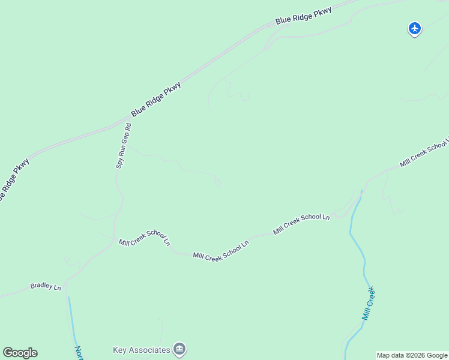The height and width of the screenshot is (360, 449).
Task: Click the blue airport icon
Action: pos(414,28)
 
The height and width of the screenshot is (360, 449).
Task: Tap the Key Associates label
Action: pos(142,350)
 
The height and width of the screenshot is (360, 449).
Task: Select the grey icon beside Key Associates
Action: pos(179,349)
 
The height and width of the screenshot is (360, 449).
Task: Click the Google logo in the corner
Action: pos(20,353)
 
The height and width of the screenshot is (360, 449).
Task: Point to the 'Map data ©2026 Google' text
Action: pos(412,355)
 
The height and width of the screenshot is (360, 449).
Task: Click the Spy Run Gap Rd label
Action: pos(123,146)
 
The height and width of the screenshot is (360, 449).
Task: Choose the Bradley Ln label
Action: pos(46,287)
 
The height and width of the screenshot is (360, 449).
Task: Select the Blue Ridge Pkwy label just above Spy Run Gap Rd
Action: pos(156,99)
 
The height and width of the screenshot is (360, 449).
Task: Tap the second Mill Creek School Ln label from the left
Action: pos(220,251)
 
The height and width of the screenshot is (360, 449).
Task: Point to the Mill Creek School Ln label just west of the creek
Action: pos(301,224)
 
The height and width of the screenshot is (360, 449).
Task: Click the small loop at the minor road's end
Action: pos(217,181)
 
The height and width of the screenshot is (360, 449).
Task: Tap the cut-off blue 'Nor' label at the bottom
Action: pos(79,352)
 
